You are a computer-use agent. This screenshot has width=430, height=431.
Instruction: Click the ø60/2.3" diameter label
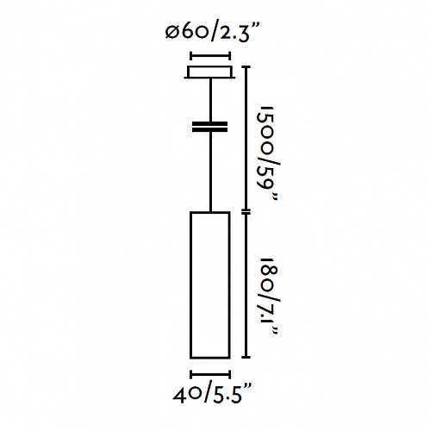point(213,33)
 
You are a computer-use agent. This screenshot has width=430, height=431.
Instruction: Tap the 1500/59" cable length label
point(268,154)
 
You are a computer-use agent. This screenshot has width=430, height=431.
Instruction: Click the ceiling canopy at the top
point(209,72)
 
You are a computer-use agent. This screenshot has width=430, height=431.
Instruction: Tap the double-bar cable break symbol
point(209,127)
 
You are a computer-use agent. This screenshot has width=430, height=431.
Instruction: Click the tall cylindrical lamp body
point(209,285)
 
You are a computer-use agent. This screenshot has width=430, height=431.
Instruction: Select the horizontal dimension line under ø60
point(210,56)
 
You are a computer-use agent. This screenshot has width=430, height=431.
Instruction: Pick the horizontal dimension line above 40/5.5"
point(210,374)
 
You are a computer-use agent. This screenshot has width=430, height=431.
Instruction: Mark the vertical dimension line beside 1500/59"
point(246,139)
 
